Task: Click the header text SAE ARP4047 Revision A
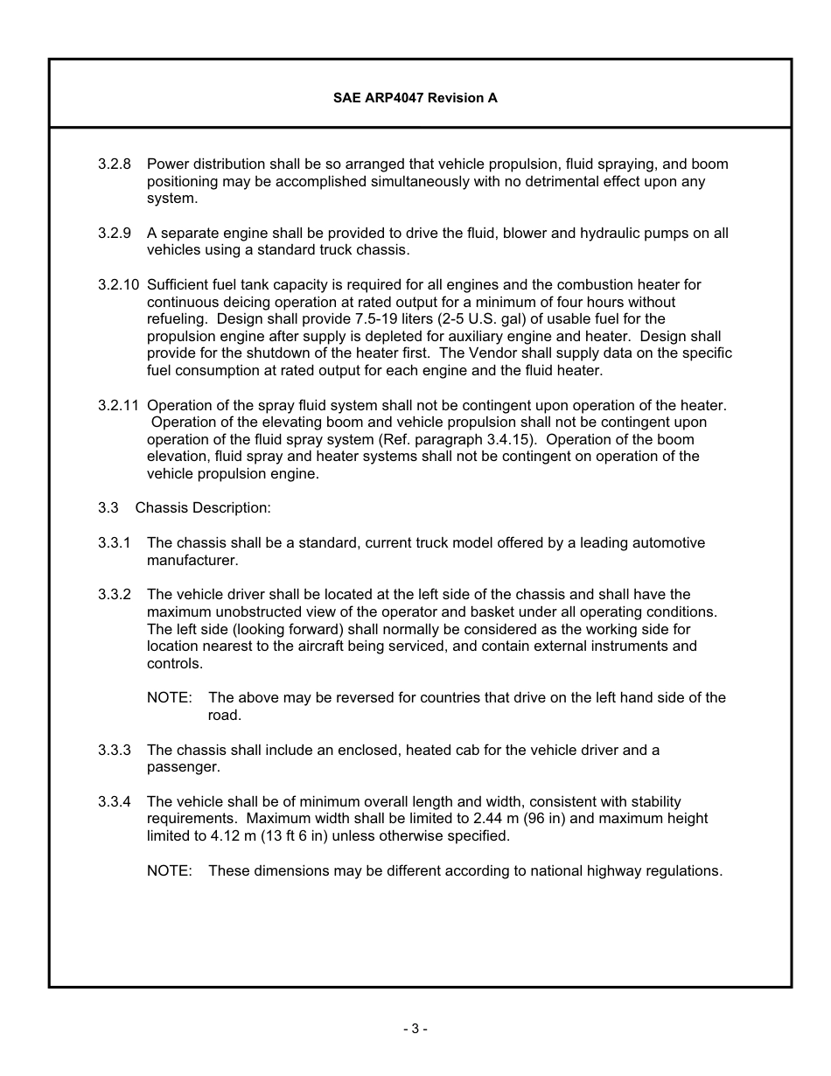tap(415, 98)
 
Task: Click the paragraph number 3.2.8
tap(114, 164)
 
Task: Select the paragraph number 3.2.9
tap(114, 233)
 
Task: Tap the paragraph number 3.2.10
tap(118, 284)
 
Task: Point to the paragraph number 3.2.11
tap(118, 405)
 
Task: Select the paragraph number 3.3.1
tap(114, 542)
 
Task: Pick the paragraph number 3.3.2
tap(114, 595)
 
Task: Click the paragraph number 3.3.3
tap(114, 750)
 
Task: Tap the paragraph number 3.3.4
tap(114, 801)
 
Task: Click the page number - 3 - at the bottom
tap(415, 1029)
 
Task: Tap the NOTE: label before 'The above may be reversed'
tap(169, 697)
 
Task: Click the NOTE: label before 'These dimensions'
tap(169, 870)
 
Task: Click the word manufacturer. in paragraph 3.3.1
tap(192, 560)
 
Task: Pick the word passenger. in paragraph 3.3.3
tap(183, 767)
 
